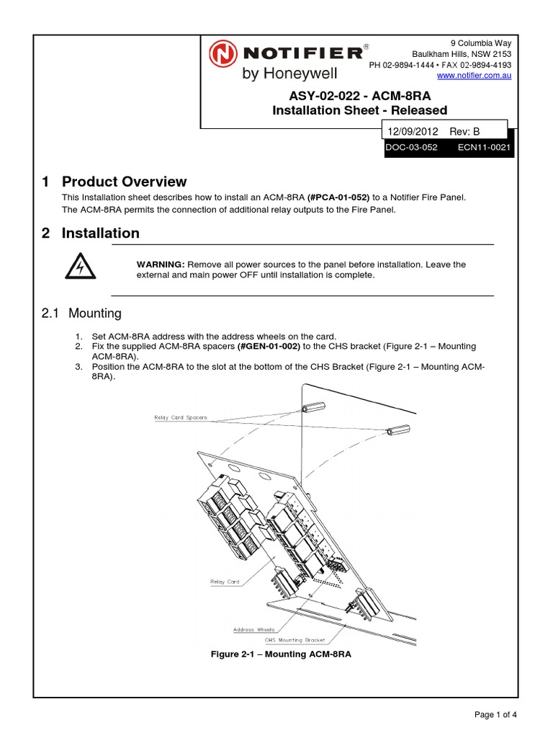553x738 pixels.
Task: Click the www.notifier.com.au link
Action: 475,76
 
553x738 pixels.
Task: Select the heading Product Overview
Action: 124,182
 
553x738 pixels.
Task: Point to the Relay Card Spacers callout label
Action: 180,417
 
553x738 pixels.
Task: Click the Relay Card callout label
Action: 225,582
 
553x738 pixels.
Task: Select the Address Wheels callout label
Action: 253,629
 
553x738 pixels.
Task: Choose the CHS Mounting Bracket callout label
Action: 295,639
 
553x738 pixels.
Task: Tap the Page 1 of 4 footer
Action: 495,714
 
